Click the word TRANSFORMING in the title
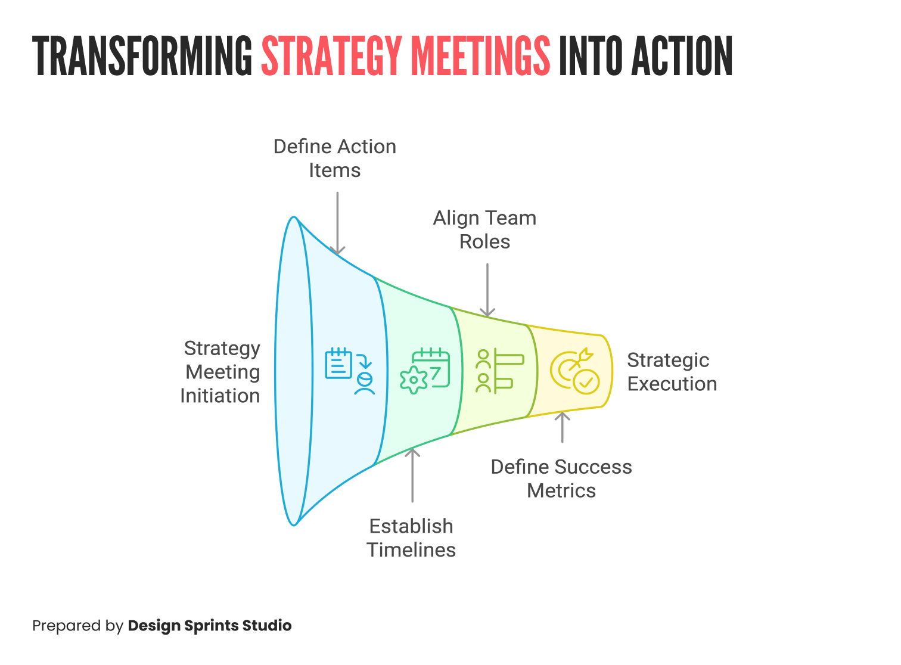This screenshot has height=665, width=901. click(143, 56)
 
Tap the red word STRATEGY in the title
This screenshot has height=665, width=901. click(331, 56)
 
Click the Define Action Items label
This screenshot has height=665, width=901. click(334, 159)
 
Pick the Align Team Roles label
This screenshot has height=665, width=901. click(484, 229)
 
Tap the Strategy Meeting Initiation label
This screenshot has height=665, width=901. click(220, 372)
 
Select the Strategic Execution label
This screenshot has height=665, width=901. click(672, 372)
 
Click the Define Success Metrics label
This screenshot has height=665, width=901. click(561, 478)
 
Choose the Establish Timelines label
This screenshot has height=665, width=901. click(411, 537)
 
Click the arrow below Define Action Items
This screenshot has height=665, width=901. click(338, 223)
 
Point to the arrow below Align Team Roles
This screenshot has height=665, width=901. click(487, 290)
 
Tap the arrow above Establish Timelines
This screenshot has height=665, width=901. click(412, 476)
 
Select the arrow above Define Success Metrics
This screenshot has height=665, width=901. click(562, 427)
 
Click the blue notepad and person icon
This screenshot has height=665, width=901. click(350, 371)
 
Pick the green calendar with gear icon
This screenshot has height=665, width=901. click(425, 371)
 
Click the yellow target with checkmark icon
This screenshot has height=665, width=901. click(574, 371)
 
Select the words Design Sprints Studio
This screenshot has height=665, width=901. click(210, 626)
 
